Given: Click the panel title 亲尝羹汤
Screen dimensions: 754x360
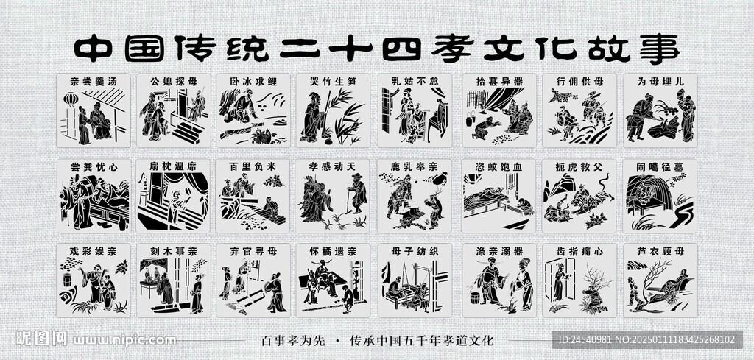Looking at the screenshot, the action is point(94,82).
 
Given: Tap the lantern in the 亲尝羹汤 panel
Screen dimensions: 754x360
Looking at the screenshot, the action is point(71,99).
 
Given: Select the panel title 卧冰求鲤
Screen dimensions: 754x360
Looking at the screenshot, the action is point(253,82).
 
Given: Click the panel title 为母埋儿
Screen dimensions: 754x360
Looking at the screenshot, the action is point(660,82).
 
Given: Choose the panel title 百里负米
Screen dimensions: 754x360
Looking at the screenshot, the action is point(253,167).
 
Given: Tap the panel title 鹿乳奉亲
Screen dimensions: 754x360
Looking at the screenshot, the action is point(415,167).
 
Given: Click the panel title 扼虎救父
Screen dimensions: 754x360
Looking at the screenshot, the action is point(579,167).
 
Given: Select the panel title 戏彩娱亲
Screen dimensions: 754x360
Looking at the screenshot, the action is point(94,251).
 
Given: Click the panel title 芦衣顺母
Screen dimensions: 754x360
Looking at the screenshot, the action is point(660,251).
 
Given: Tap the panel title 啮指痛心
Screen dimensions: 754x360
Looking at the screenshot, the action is point(579,251).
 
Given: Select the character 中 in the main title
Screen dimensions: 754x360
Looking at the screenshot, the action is point(94,49).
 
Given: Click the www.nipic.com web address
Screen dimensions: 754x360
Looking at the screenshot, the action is point(124,340).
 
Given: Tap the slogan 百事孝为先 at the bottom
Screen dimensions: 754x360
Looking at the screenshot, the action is point(293,341).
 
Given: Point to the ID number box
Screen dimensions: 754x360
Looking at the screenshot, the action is point(646,339).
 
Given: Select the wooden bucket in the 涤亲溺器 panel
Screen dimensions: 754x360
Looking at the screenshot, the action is point(476,298).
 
